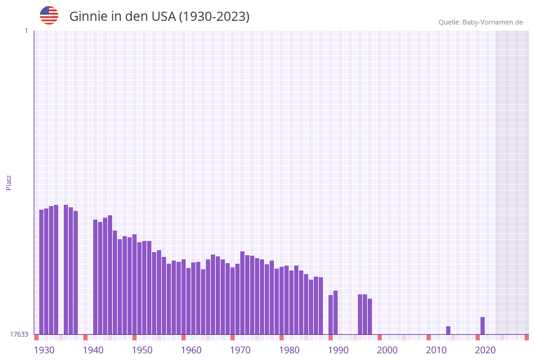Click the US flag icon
pyautogui.click(x=49, y=15)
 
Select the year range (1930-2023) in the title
pyautogui.click(x=214, y=17)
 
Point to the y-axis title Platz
pyautogui.click(x=9, y=182)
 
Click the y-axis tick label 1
pyautogui.click(x=26, y=31)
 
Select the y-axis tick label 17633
pyautogui.click(x=19, y=334)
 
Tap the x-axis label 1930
pyautogui.click(x=44, y=350)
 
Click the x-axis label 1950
pyautogui.click(x=142, y=350)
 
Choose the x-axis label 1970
pyautogui.click(x=240, y=350)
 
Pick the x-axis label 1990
pyautogui.click(x=338, y=350)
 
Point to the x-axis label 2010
pyautogui.click(x=436, y=350)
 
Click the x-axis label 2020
pyautogui.click(x=485, y=350)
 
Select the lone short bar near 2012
pyautogui.click(x=448, y=330)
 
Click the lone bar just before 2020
pyautogui.click(x=482, y=326)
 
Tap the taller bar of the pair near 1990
pyautogui.click(x=335, y=312)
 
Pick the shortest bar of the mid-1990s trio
pyautogui.click(x=370, y=316)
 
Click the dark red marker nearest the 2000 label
pyautogui.click(x=379, y=337)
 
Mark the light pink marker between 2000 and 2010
pyautogui.click(x=404, y=337)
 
